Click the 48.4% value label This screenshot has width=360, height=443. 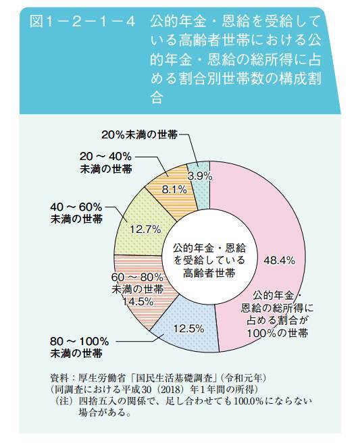(x=279, y=259)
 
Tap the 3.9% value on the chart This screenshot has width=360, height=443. (x=200, y=176)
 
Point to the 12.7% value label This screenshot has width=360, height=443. (x=143, y=228)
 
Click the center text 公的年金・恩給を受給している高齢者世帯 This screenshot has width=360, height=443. (x=209, y=259)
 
